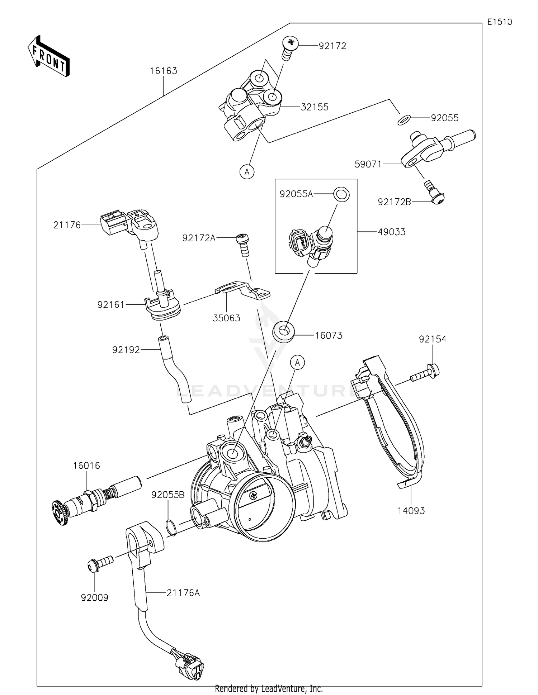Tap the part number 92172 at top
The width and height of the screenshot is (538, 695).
332,46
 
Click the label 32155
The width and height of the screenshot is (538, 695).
315,107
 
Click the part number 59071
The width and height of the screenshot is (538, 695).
368,164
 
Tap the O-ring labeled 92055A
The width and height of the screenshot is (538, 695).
341,194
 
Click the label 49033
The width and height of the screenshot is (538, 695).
392,232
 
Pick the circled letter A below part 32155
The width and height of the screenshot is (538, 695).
247,172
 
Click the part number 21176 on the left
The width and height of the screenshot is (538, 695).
67,225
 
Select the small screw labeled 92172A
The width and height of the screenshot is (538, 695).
244,245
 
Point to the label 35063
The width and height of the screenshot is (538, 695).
226,318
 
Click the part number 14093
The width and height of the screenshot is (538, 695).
411,511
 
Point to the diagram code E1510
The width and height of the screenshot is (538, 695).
500,22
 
